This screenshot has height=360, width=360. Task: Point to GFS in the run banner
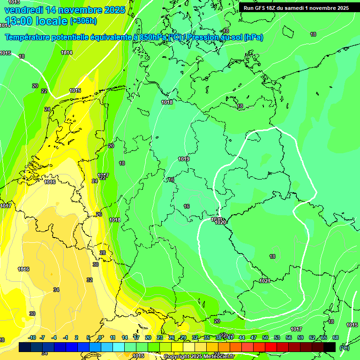tap(259, 8)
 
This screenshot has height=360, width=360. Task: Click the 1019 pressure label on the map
tap(184, 159)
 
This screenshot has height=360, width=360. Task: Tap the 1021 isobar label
tap(264, 281)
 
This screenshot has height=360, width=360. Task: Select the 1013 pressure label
tap(14, 2)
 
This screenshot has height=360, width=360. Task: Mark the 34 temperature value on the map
tap(56, 290)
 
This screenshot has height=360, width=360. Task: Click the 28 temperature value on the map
tap(103, 253)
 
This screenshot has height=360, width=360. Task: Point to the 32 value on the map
tap(90, 280)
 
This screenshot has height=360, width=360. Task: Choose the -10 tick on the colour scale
tap(32, 337)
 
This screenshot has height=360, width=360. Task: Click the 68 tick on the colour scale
tap(336, 337)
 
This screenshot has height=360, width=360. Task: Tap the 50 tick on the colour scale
tap(265, 337)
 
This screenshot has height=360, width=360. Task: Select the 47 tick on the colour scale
tap(254, 337)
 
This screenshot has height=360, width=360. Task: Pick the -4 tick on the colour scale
tap(54, 337)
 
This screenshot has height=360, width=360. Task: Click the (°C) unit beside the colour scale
tap(345, 347)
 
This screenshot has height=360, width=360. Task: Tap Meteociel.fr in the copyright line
tap(217, 356)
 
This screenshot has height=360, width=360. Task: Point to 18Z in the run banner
tap(271, 8)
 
